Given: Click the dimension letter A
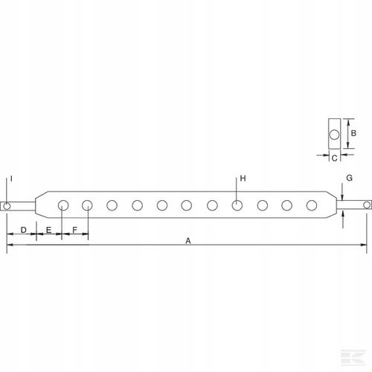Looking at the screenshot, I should tap(187, 241).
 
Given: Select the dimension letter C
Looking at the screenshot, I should tap(334, 158).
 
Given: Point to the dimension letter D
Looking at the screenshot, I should tap(23, 231).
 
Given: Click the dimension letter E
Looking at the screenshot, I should tap(48, 231).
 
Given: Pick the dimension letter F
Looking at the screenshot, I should tap(75, 231).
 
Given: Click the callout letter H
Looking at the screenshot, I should tap(243, 179).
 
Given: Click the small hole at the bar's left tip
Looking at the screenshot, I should tap(7, 205).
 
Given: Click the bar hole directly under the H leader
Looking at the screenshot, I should tap(237, 205).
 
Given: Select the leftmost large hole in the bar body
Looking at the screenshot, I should tap(63, 205).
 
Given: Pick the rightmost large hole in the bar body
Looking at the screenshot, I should tap(312, 205).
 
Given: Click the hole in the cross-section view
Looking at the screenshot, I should tap(334, 135).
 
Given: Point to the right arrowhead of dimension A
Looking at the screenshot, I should tap(364, 243).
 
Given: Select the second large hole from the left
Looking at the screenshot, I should tap(88, 205).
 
